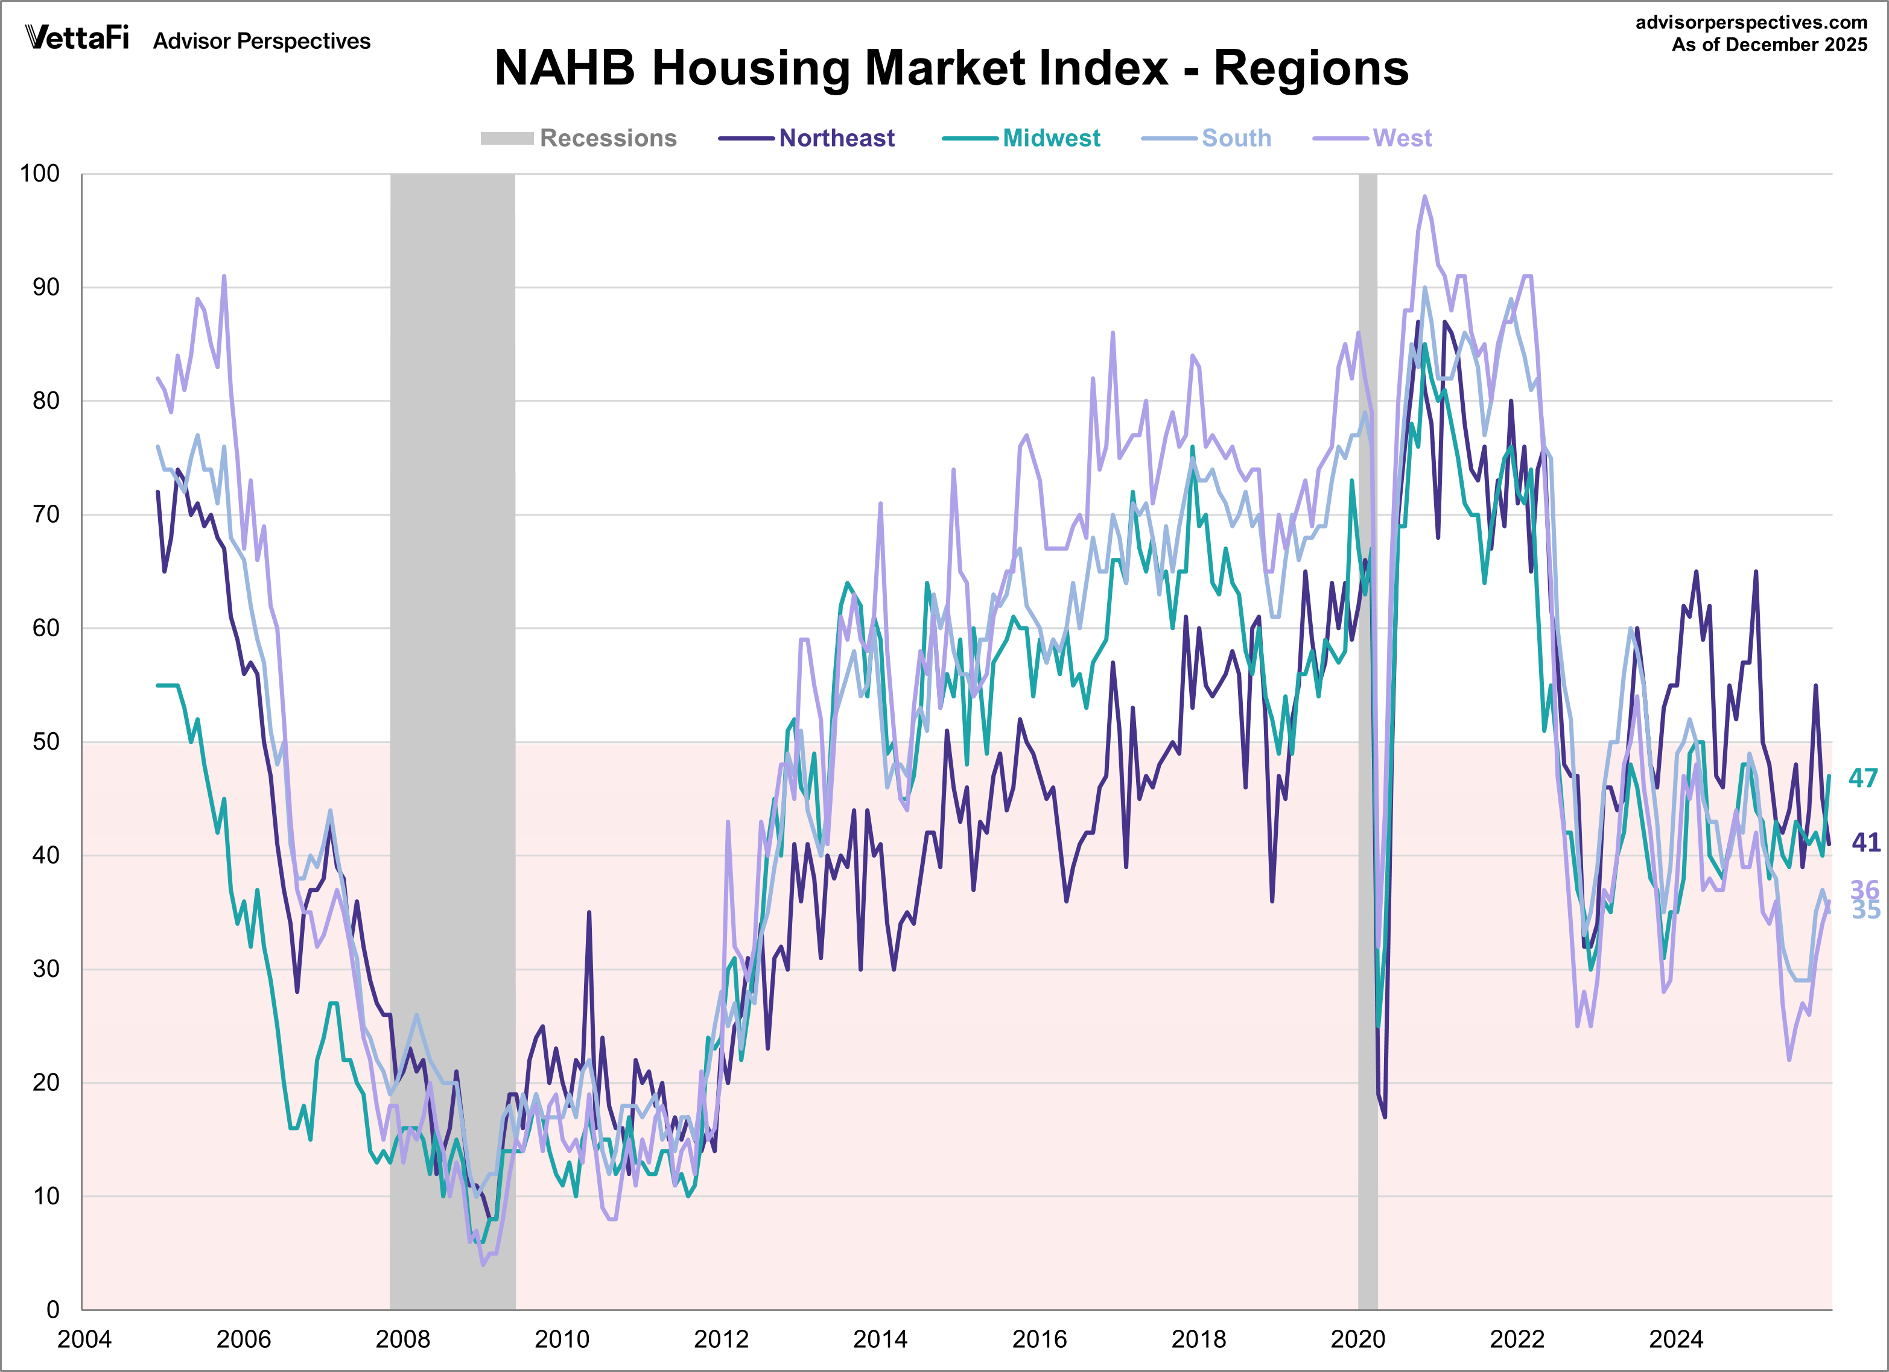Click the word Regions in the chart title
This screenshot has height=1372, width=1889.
click(x=1311, y=68)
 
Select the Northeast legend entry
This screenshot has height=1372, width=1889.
click(x=836, y=138)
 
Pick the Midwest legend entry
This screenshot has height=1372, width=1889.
click(x=1050, y=138)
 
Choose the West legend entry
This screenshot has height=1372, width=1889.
click(x=1402, y=138)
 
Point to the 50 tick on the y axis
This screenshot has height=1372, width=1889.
click(x=46, y=742)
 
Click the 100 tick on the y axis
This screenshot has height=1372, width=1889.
click(x=40, y=174)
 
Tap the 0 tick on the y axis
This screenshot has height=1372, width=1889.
click(x=52, y=1309)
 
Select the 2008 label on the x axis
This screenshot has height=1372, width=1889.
click(x=402, y=1339)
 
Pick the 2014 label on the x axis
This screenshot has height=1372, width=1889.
click(x=880, y=1339)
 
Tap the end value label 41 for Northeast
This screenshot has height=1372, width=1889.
click(x=1865, y=842)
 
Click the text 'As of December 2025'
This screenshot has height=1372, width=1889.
click(x=1769, y=45)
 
